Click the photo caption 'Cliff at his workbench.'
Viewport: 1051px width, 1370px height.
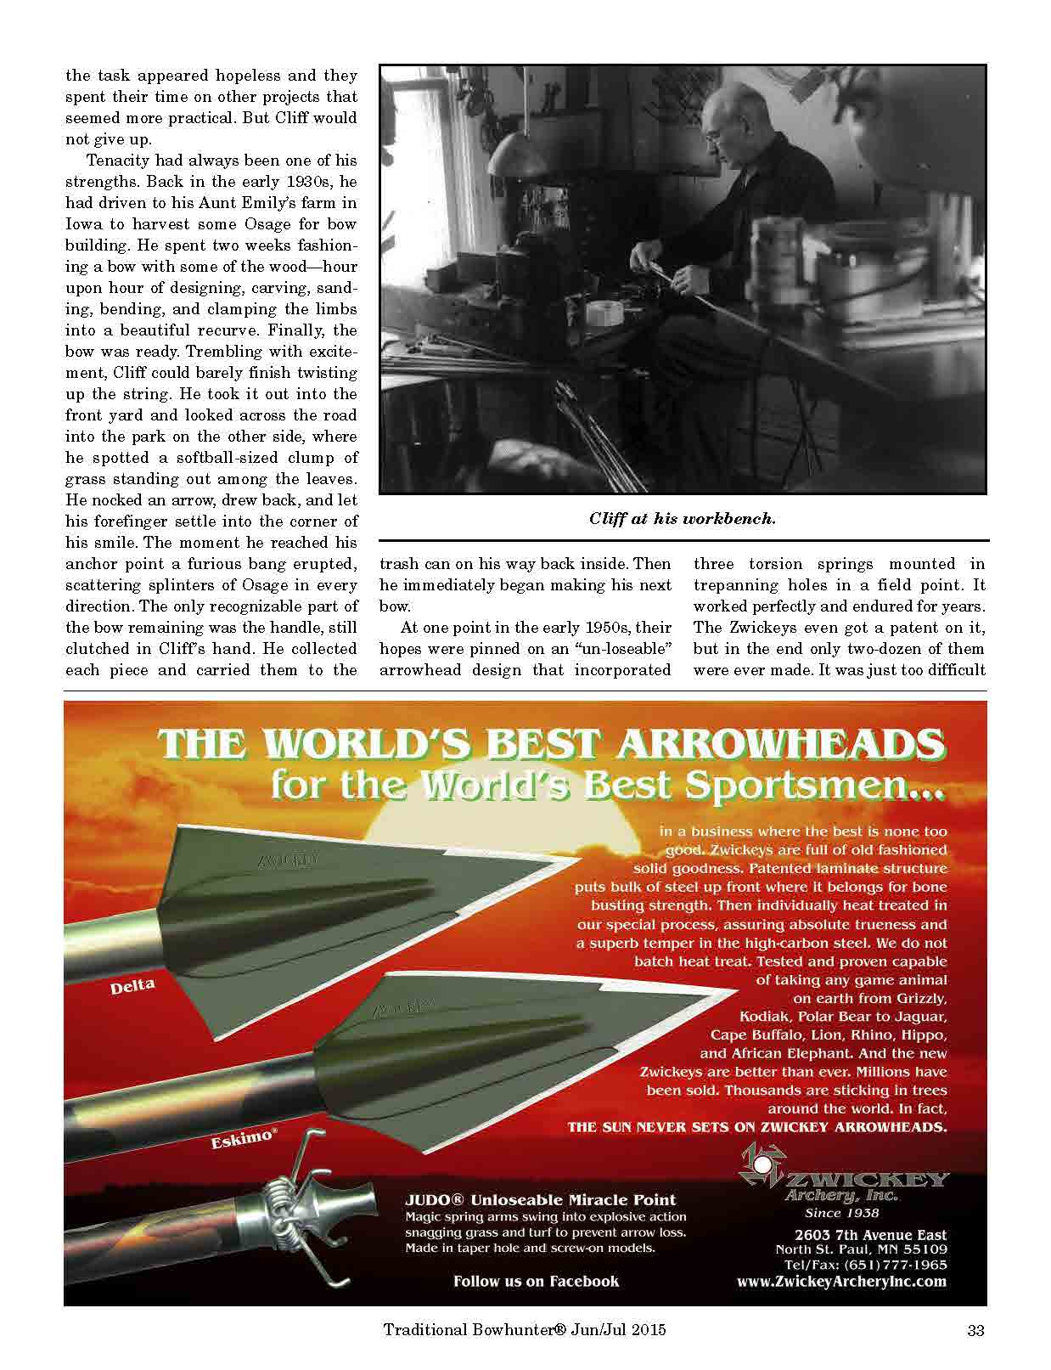682,519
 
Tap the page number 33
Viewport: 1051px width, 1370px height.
975,1331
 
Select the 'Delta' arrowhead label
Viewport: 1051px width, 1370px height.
132,986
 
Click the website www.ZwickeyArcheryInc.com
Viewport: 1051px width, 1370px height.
841,1282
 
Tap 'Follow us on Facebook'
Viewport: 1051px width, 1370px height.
536,1281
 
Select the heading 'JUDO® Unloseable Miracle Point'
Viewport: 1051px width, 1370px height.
541,1199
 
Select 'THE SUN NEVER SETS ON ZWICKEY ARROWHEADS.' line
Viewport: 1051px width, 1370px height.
756,1127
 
